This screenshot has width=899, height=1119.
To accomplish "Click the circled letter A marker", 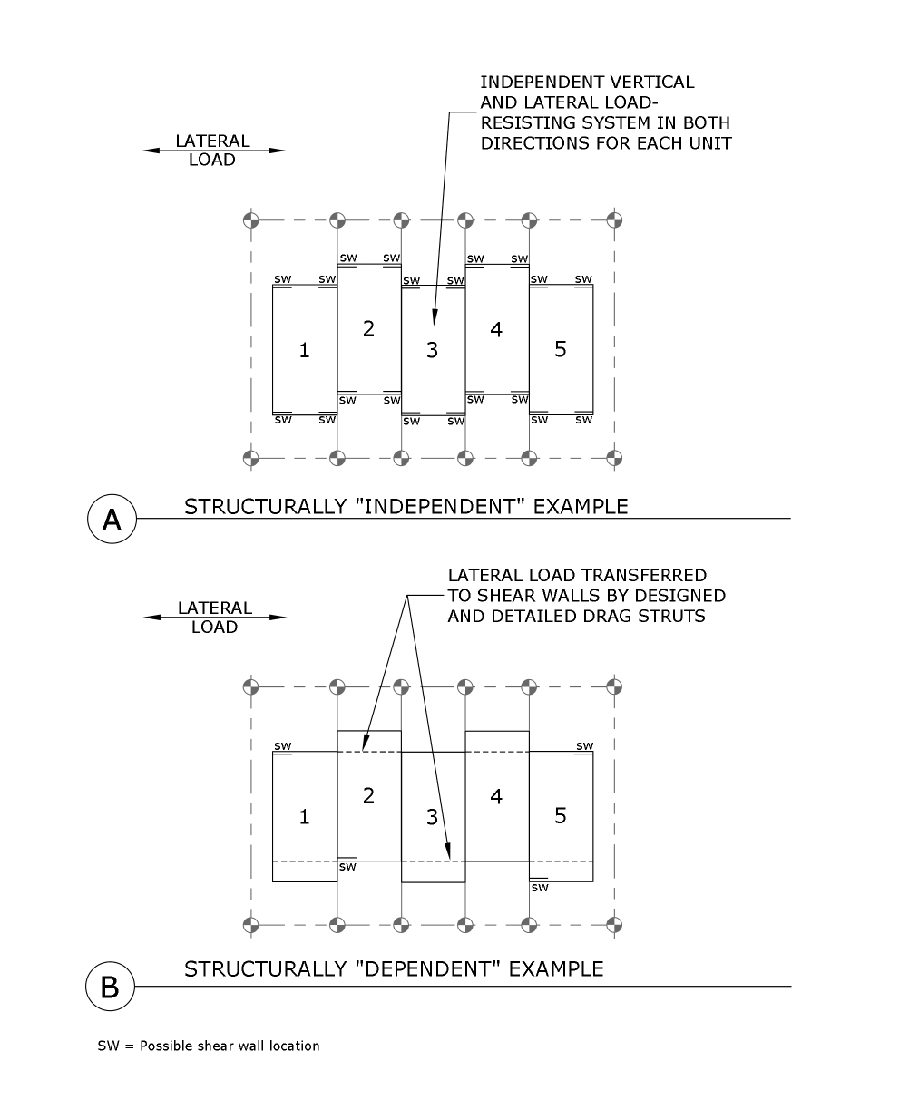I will pyautogui.click(x=112, y=519).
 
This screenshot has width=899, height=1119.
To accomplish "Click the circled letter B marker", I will pyautogui.click(x=110, y=986).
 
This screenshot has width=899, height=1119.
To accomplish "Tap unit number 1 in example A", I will pyautogui.click(x=304, y=350).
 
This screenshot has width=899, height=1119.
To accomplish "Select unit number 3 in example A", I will pyautogui.click(x=432, y=350).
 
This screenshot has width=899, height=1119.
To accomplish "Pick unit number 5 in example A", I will pyautogui.click(x=560, y=349).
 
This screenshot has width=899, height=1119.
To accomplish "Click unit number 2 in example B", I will pyautogui.click(x=368, y=795).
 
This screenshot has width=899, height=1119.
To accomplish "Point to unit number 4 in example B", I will pyautogui.click(x=495, y=796).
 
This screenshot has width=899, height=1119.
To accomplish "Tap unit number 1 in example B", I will pyautogui.click(x=304, y=817).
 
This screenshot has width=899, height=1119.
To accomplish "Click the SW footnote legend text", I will pyautogui.click(x=209, y=1046).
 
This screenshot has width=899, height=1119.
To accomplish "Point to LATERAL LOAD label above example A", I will pyautogui.click(x=212, y=151).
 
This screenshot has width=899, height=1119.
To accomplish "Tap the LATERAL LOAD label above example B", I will pyautogui.click(x=214, y=618).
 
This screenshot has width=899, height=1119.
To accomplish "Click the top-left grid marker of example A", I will pyautogui.click(x=252, y=219).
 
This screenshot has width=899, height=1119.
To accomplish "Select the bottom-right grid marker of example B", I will pyautogui.click(x=615, y=925).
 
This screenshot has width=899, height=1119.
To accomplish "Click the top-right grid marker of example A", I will pyautogui.click(x=615, y=219).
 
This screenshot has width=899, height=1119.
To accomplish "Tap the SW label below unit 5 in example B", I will pyautogui.click(x=540, y=888).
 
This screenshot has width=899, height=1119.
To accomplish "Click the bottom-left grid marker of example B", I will pyautogui.click(x=252, y=925).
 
